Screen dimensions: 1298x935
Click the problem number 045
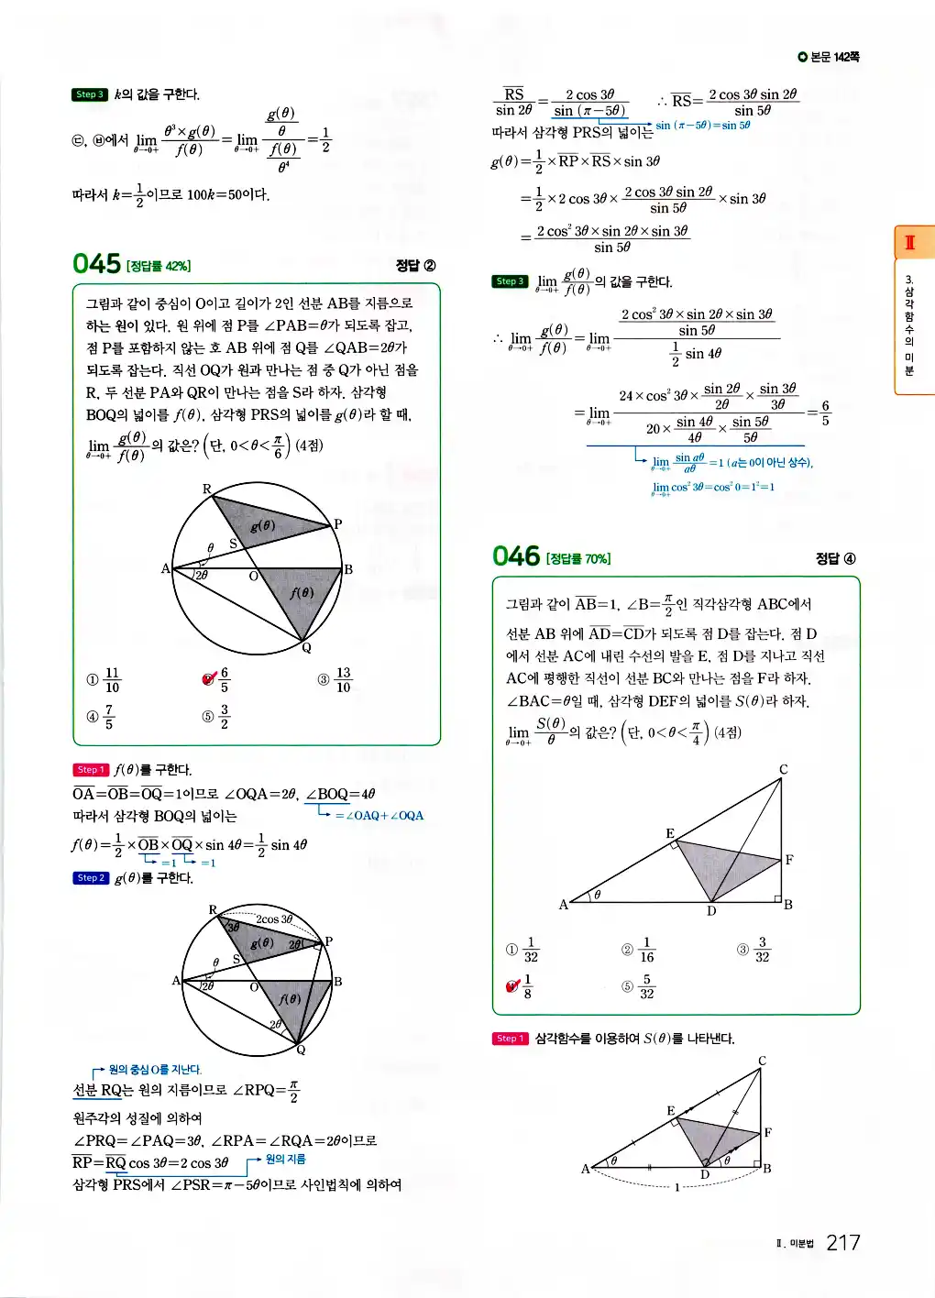[x=96, y=264]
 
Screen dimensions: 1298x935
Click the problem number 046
[x=516, y=556]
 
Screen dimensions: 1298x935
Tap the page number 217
[x=842, y=1243]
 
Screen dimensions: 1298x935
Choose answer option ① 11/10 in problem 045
[x=104, y=679]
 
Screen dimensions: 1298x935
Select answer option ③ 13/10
[x=335, y=679]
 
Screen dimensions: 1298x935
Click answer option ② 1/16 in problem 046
[x=639, y=950]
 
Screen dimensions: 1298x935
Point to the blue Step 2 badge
[x=90, y=878]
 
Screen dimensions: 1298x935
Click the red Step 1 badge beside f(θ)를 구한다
[x=90, y=770]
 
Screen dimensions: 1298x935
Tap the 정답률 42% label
[x=159, y=266]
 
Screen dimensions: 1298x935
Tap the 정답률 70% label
[x=578, y=558]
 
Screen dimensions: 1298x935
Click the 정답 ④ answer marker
[x=836, y=558]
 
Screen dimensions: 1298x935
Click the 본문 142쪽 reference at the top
[x=829, y=57]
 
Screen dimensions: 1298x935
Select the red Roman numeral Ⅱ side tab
[x=910, y=243]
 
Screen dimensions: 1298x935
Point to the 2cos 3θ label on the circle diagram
[x=274, y=918]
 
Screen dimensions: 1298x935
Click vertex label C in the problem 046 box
[x=784, y=769]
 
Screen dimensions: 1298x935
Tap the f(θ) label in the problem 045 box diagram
[x=302, y=593]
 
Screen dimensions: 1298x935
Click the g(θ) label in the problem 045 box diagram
[x=262, y=525]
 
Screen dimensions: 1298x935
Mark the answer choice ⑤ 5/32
[x=639, y=986]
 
